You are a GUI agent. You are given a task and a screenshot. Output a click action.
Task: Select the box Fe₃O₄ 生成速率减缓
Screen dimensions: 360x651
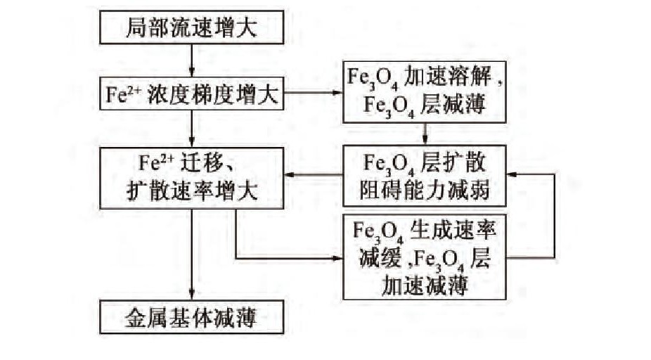425,257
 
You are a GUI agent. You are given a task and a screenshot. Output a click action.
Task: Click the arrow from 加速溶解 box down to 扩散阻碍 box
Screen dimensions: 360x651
425,134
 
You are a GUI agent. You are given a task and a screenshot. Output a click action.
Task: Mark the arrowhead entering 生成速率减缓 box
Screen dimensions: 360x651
336,258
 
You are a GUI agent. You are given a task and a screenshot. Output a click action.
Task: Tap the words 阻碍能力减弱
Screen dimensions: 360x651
425,188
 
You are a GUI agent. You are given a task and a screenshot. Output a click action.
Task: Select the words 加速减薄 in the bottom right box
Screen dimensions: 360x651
425,285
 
